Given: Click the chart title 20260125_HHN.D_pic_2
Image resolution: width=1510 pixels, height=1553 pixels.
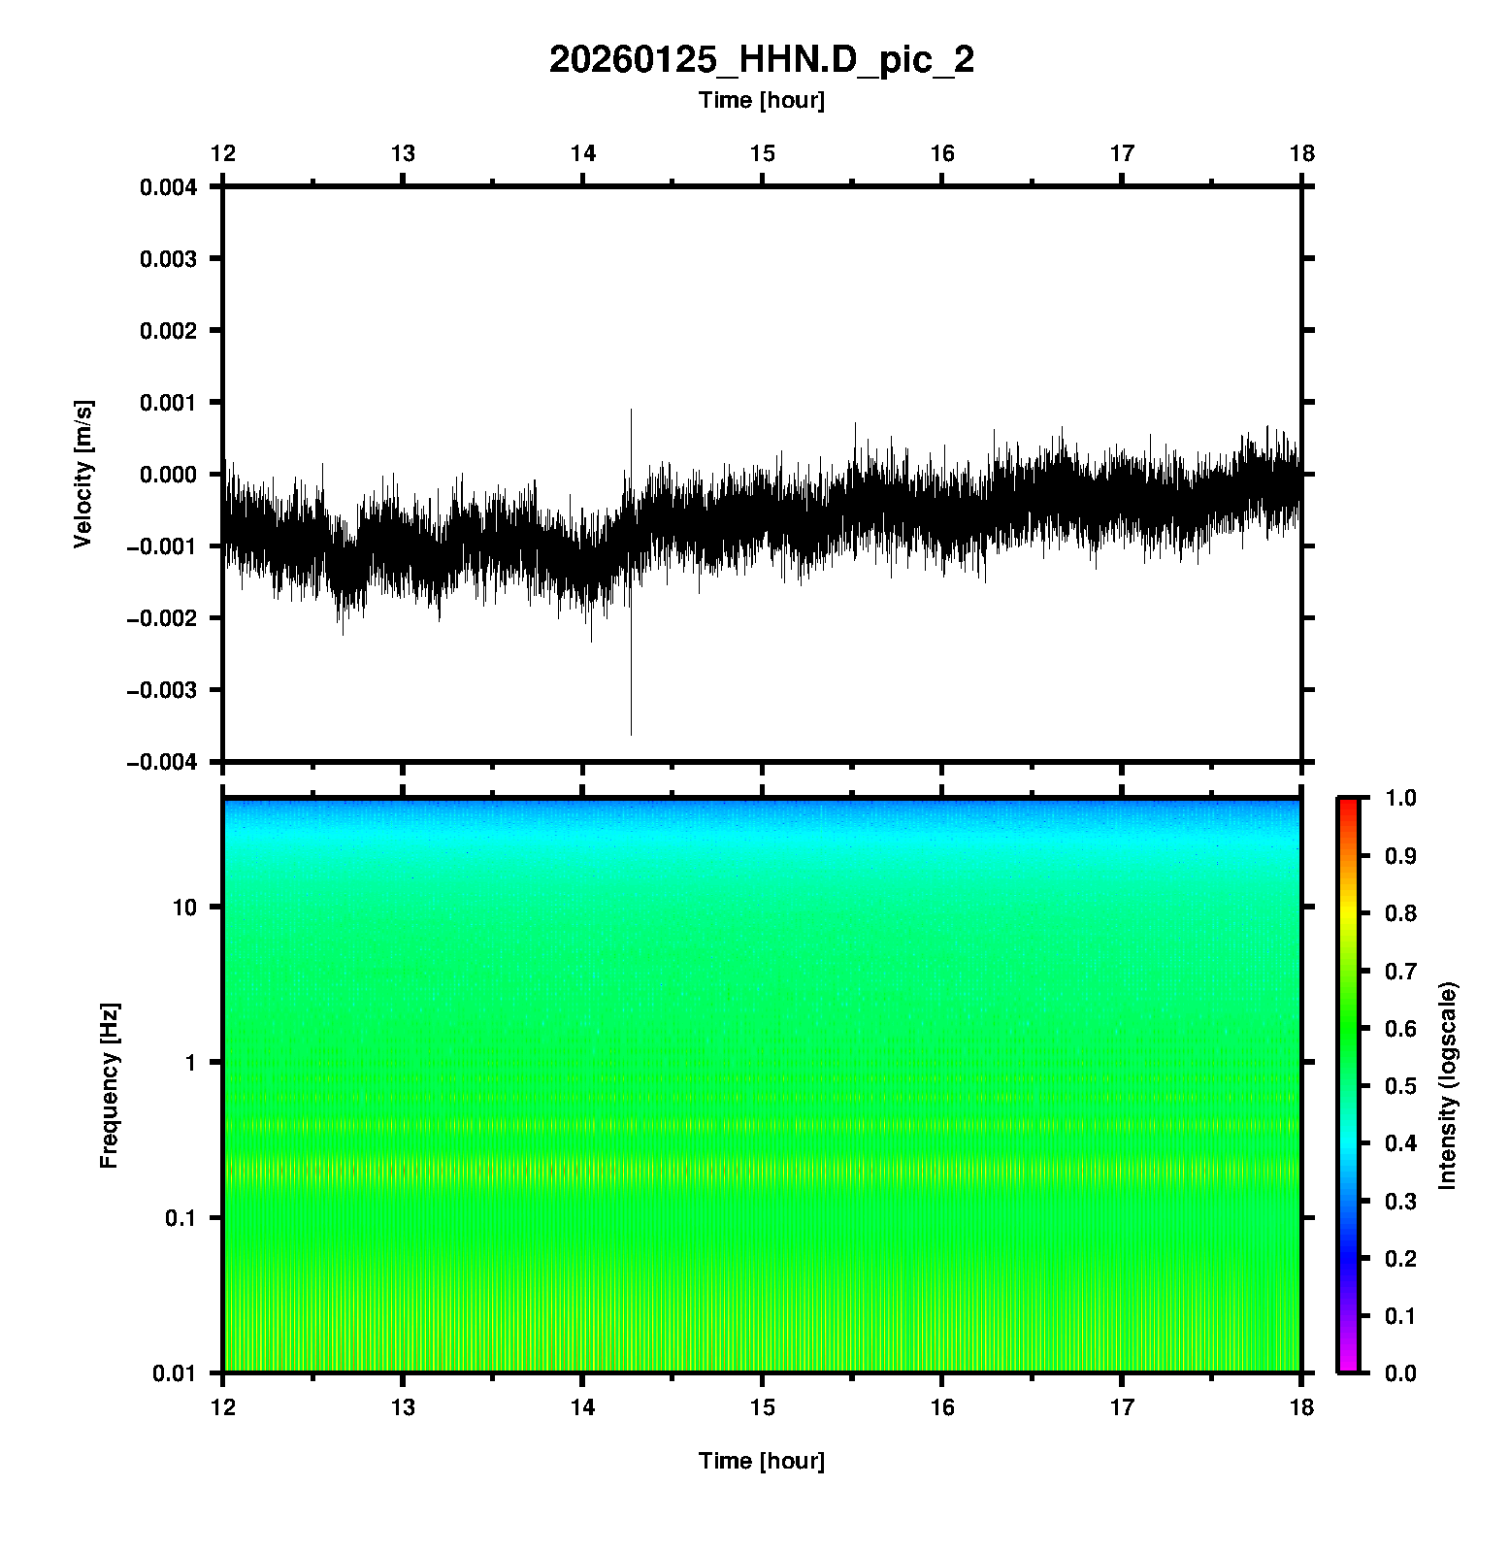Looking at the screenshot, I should (x=761, y=60).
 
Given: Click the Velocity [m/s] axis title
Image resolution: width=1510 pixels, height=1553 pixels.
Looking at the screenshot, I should (x=83, y=474).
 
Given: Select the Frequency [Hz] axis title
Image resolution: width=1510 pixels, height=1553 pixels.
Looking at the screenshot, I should (x=109, y=1085).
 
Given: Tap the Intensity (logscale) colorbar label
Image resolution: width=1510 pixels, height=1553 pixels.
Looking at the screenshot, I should (x=1448, y=1085).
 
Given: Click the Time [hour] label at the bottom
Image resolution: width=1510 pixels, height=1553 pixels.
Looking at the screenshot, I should (x=761, y=1461).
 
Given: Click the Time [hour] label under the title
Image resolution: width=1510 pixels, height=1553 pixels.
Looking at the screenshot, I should (x=761, y=100).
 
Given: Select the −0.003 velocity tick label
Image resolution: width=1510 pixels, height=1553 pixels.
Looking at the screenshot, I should (x=162, y=690).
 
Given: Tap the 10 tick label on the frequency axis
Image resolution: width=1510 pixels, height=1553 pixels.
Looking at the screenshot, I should (x=184, y=908).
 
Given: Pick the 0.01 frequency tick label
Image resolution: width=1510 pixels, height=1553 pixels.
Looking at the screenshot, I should (x=175, y=1372).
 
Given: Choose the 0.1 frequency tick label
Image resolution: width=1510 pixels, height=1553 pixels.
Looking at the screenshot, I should (x=180, y=1218).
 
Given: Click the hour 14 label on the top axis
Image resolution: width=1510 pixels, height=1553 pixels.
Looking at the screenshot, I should (x=582, y=153).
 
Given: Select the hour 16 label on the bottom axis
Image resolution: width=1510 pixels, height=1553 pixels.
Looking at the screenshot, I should (x=942, y=1407).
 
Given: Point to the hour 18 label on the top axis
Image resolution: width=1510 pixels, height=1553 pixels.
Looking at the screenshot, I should (x=1301, y=153).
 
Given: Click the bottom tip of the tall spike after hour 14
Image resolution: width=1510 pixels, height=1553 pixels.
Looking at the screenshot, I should (x=631, y=735).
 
